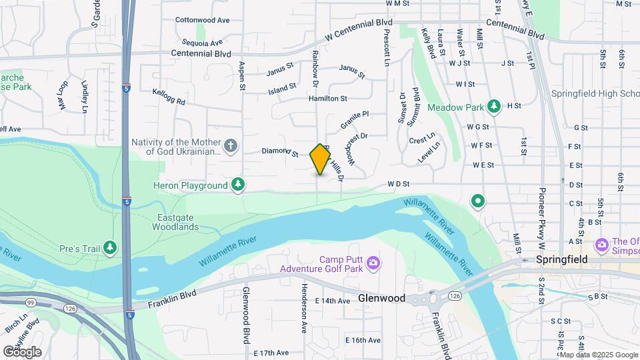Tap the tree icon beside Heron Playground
(238, 184)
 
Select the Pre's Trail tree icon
(110, 249)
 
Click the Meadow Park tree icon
(493, 106)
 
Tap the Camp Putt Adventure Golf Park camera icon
(373, 263)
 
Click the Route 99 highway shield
(31, 303)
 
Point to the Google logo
(22, 351)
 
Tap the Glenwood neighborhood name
(381, 298)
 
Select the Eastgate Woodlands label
(178, 222)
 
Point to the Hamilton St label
(327, 99)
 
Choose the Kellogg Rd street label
(168, 97)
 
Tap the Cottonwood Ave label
(202, 20)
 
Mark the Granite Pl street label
(354, 120)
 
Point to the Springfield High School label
(595, 93)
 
